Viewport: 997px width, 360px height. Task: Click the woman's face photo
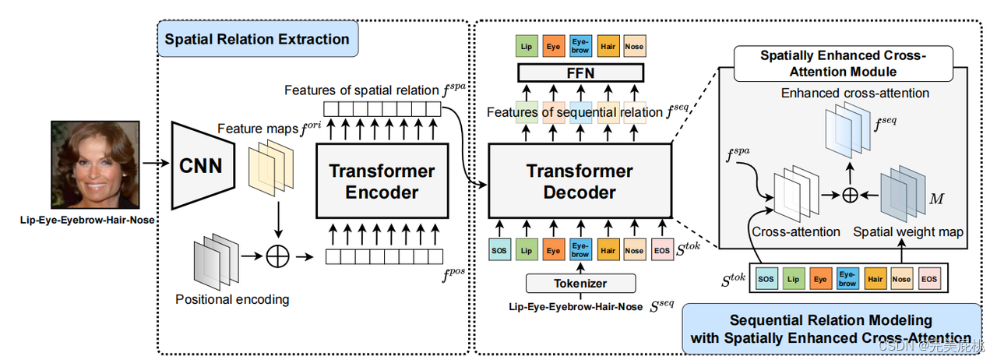(95, 165)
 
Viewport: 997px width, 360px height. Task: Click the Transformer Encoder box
(381, 181)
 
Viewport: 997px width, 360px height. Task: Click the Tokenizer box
(580, 282)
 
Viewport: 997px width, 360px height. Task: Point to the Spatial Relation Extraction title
(258, 38)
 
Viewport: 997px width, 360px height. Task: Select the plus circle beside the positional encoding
(277, 256)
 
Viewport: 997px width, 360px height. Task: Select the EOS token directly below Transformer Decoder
(660, 251)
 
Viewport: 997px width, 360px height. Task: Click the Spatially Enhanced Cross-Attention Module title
(843, 63)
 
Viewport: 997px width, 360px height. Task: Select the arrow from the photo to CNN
(155, 164)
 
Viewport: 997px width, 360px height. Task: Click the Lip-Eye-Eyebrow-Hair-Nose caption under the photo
(86, 221)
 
